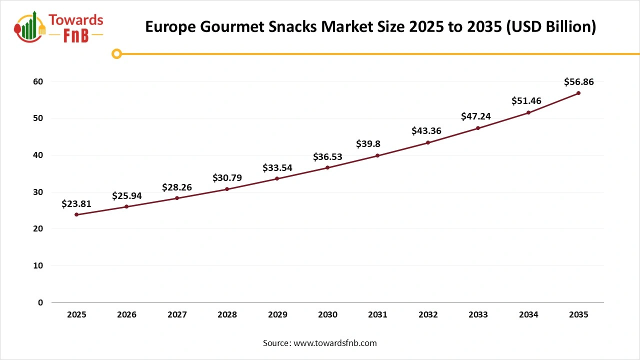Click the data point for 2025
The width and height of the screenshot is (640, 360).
[x=76, y=214]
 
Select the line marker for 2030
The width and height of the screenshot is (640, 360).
[x=327, y=167]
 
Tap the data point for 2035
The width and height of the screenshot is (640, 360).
[x=578, y=93]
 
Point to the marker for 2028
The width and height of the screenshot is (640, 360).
[x=227, y=189]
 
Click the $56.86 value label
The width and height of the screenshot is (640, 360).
[x=578, y=82]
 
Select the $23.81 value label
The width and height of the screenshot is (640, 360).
[x=76, y=203]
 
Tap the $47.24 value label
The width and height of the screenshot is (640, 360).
[x=476, y=116]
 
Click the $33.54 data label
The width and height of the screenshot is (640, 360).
[x=277, y=168]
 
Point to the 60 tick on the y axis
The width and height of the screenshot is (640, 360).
[x=38, y=81]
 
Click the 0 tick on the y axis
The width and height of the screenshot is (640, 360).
[x=40, y=302]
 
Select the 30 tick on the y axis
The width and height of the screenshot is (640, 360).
[x=38, y=192]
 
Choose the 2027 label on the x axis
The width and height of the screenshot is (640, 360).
[x=177, y=315]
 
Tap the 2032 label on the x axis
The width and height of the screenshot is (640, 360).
[x=428, y=315]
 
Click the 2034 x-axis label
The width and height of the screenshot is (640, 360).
[x=528, y=315]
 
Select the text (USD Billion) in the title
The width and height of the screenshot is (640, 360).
[x=551, y=27]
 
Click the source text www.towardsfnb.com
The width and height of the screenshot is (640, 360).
[x=335, y=343]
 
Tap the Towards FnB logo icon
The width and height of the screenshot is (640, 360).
[x=30, y=27]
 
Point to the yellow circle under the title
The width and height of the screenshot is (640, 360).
[x=116, y=53]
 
